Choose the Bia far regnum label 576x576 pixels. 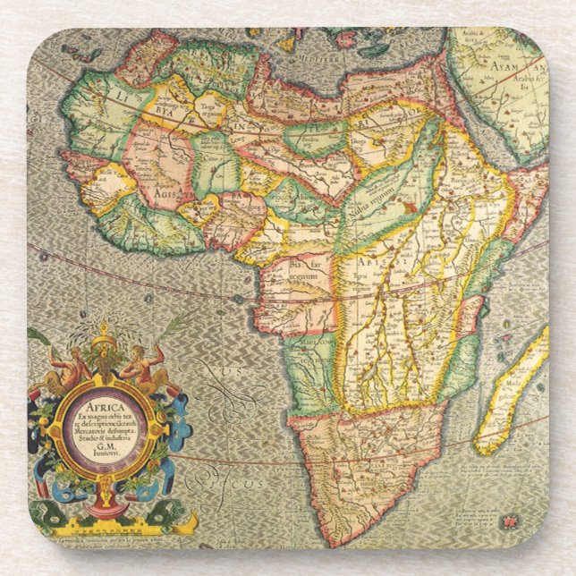(x=304, y=270)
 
